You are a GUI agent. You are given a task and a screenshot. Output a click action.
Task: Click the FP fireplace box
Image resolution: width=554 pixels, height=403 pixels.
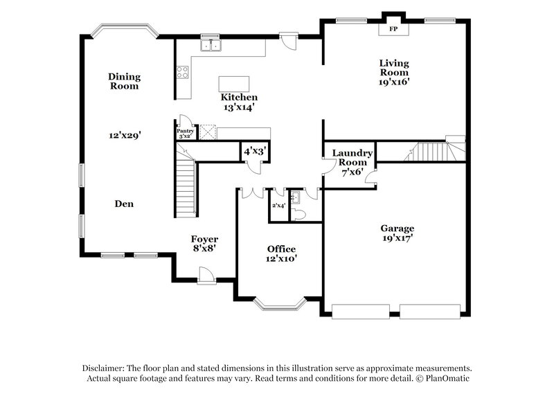393,29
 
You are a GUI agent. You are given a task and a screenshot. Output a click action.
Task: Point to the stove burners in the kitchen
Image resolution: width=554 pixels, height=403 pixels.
183,73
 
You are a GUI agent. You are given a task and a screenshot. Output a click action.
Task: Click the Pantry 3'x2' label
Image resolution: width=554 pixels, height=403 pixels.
184,134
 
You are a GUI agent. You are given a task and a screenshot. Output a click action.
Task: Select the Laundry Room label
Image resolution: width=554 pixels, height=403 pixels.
352,158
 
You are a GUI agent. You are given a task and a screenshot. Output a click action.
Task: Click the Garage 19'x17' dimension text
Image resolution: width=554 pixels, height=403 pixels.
397,238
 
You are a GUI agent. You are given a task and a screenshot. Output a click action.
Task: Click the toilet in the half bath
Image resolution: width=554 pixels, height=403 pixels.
298,214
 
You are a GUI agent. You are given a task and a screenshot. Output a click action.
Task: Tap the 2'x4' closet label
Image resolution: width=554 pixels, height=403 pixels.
278,206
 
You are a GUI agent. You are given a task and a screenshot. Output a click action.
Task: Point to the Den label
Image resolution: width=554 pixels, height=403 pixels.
124,204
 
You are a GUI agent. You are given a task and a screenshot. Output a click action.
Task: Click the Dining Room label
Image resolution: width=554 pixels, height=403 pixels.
124,81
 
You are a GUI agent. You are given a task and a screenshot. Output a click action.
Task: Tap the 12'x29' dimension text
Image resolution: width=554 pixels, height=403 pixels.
124,136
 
